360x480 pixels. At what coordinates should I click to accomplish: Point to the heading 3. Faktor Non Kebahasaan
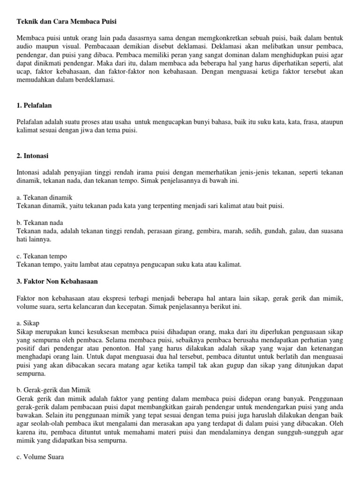[x=57, y=281]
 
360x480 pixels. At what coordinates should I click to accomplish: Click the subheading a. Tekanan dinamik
[x=45, y=197]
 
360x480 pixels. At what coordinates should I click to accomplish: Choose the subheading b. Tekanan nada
[x=40, y=223]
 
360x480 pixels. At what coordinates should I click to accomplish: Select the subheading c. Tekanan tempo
[x=42, y=256]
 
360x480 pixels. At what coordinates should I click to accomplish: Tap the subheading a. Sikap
[x=28, y=323]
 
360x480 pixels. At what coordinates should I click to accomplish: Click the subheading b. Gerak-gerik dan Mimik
[x=53, y=390]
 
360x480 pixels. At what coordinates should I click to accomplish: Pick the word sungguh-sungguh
[x=293, y=432]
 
